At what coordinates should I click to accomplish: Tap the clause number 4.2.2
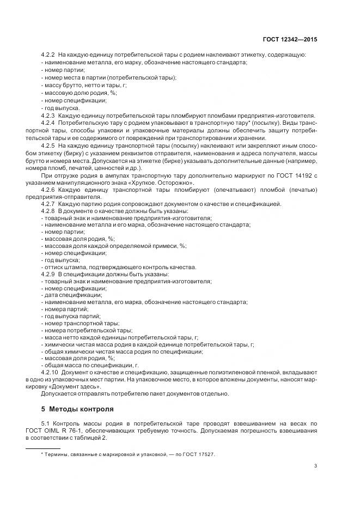click(48, 56)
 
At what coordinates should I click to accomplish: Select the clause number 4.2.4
click(48, 124)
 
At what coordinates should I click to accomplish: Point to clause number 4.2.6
click(48, 189)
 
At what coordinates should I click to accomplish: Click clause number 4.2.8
click(48, 210)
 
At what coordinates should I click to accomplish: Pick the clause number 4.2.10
click(50, 371)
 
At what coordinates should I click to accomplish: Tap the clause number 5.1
click(45, 423)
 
